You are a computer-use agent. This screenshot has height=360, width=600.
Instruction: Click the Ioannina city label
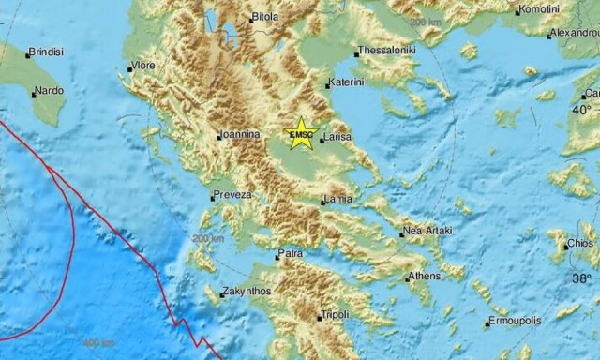coord(240,135)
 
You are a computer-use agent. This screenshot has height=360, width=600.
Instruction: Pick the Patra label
coord(291,254)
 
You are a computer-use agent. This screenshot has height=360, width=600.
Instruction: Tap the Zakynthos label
coord(247,293)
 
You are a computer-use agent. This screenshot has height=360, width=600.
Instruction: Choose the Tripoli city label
coord(335,316)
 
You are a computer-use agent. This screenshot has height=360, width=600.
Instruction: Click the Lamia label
coord(337,199)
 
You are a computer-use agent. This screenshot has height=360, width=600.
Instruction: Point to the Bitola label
coord(265,17)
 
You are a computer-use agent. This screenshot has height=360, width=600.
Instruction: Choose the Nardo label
coord(48,91)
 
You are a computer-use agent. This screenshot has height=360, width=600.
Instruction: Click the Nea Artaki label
coord(427,231)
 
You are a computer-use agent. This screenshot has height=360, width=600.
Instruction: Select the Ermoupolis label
coord(511,322)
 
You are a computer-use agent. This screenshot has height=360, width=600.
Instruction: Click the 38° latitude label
coord(582,278)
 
